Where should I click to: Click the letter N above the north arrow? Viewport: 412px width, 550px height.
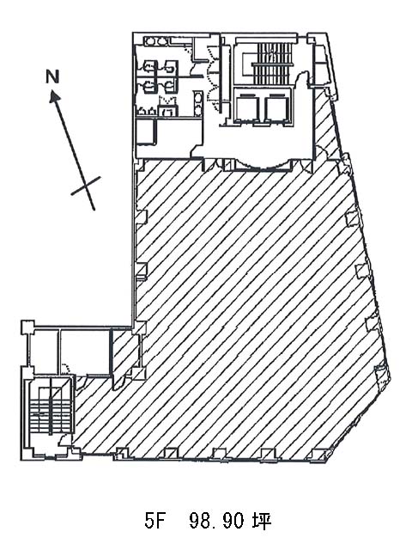52,76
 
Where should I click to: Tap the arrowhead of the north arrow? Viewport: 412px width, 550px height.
54,96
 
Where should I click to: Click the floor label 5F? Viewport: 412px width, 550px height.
154,521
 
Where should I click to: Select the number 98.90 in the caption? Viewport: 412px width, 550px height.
216,521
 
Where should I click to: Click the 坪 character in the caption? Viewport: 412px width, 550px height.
261,521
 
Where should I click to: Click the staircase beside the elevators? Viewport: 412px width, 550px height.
272,63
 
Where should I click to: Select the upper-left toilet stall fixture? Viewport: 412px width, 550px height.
150,67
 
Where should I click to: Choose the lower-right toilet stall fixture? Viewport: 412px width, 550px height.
170,86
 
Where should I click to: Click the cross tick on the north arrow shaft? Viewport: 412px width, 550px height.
86,186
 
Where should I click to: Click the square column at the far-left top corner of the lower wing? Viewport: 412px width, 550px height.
27,327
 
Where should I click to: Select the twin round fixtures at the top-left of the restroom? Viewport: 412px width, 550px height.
156,42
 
